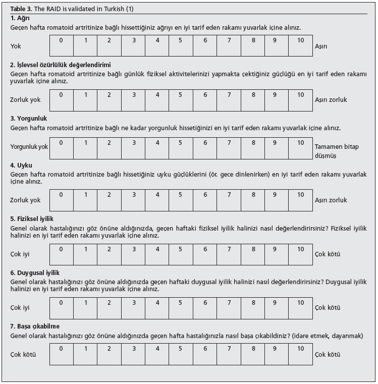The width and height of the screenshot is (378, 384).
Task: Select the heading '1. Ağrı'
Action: point(20,18)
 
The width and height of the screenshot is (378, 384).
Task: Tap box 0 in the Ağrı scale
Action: point(61,46)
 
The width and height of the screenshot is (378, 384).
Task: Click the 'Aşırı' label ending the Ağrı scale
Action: point(321,46)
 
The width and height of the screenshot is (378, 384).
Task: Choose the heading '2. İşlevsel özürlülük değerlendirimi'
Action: point(61,65)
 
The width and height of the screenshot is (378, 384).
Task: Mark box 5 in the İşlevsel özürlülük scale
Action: point(180,99)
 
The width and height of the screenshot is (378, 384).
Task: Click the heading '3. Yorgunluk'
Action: point(29,119)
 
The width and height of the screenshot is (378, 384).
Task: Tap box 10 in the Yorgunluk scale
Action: point(301,148)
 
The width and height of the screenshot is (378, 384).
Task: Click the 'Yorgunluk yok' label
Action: point(29,147)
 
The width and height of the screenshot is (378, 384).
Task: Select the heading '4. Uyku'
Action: point(21,166)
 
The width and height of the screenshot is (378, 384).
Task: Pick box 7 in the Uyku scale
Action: point(229,200)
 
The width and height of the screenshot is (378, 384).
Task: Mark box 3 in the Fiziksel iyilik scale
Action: point(134,254)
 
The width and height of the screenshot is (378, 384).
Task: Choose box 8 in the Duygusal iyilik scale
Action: point(252,307)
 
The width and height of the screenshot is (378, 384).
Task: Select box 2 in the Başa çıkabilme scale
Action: point(109,353)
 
